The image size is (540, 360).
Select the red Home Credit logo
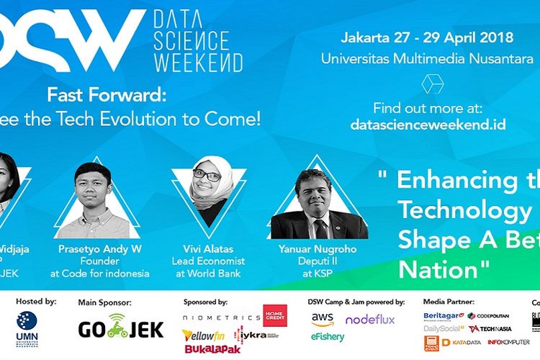(x=274, y=315)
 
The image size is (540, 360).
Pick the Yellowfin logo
(x=207, y=335)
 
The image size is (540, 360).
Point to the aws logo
(x=322, y=318)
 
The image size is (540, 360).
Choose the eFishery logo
(x=328, y=336)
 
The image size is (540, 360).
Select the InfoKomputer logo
(x=508, y=341)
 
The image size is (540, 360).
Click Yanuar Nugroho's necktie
(x=320, y=229)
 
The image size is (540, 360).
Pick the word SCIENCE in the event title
(x=191, y=38)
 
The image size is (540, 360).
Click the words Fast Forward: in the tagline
(x=107, y=94)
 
